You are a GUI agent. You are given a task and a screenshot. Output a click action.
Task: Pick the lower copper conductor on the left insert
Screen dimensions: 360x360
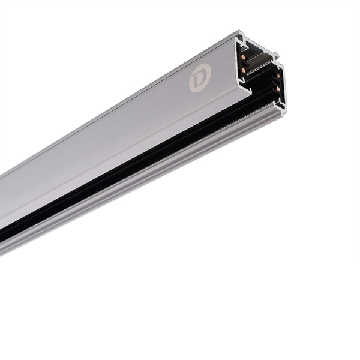pos(244,70)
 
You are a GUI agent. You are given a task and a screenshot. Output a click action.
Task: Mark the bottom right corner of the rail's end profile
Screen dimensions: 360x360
pos(283,111)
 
